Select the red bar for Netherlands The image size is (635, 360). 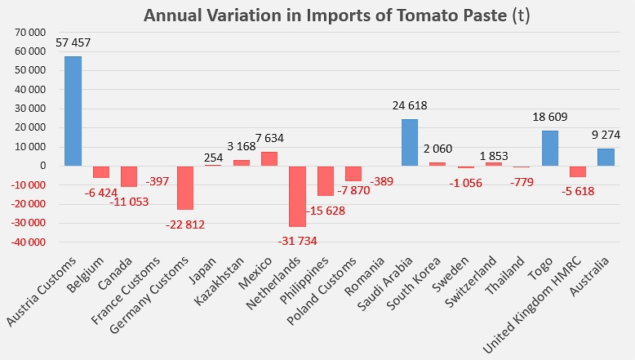(296, 196)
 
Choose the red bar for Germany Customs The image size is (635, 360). (184, 188)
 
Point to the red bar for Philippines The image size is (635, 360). (325, 180)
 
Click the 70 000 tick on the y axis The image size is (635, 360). (31, 32)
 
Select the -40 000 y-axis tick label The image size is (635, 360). (29, 242)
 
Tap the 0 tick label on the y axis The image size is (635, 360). (42, 166)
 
